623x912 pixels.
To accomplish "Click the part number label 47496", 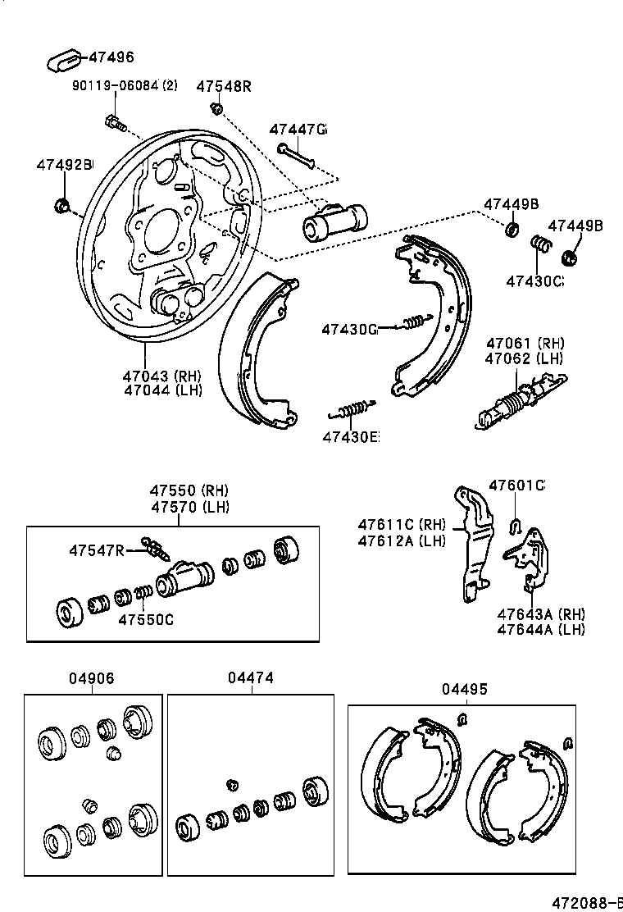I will coord(111,57).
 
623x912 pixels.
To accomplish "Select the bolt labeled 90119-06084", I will coord(114,124).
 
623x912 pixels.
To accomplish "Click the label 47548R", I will coord(223,86).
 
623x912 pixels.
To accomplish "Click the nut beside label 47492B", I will coord(61,204).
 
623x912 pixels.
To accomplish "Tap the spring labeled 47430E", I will coord(352,408).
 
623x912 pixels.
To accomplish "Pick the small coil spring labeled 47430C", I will coord(539,244).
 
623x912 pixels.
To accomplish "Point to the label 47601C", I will coord(516,485).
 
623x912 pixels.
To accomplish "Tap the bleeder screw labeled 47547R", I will coord(152,547).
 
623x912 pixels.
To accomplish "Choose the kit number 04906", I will coord(91,678).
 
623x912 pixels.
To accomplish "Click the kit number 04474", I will coord(250,678).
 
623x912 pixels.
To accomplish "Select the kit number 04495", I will coord(464,689).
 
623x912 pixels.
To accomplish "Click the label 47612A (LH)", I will coord(402,540).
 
